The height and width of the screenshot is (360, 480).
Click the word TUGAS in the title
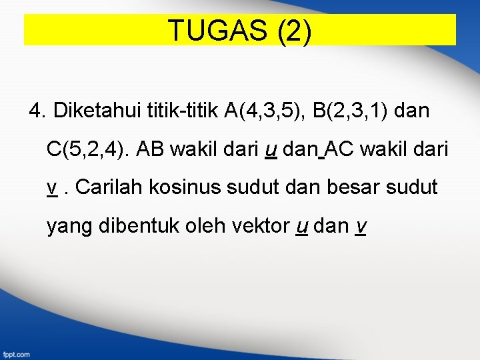pyautogui.click(x=217, y=31)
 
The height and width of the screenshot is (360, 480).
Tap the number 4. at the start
pyautogui.click(x=37, y=111)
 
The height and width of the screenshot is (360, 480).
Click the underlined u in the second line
pyautogui.click(x=271, y=149)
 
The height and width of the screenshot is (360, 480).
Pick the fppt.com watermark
pyautogui.click(x=15, y=354)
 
